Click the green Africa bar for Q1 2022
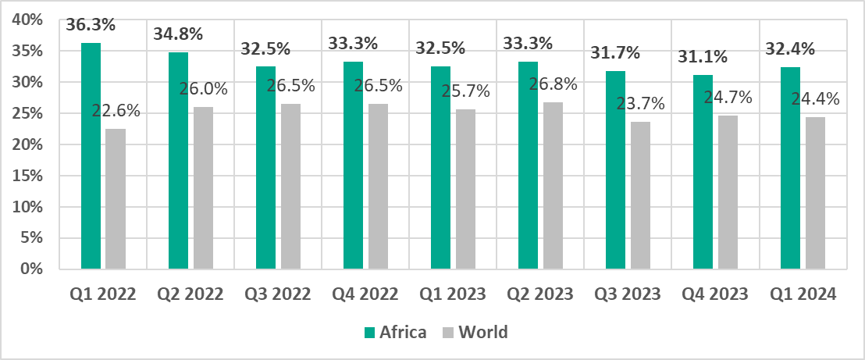click(x=91, y=156)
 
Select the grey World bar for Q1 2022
click(x=116, y=199)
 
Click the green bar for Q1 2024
click(x=791, y=168)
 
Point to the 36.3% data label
click(x=91, y=24)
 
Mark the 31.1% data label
click(x=703, y=56)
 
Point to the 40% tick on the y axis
click(x=29, y=20)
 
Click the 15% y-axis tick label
click(x=29, y=176)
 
